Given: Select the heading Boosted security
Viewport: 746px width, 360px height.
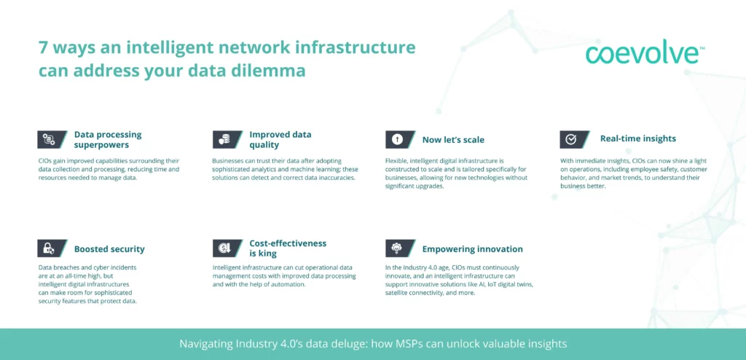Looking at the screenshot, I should (109, 249).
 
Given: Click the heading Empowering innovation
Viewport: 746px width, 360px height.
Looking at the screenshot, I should (472, 249).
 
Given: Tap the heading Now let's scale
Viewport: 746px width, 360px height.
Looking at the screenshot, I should (453, 139).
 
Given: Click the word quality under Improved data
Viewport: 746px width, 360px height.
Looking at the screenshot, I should (264, 144).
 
